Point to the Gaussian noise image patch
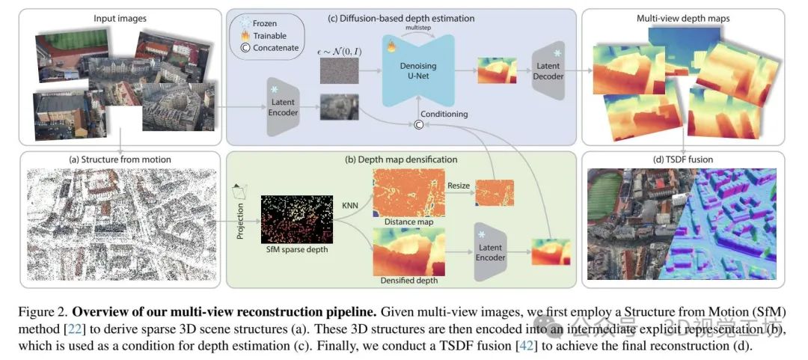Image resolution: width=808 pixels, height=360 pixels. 339,70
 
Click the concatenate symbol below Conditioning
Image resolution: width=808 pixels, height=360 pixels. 420,126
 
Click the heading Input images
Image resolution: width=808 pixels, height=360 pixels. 120,17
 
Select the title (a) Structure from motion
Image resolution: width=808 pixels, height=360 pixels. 120,159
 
